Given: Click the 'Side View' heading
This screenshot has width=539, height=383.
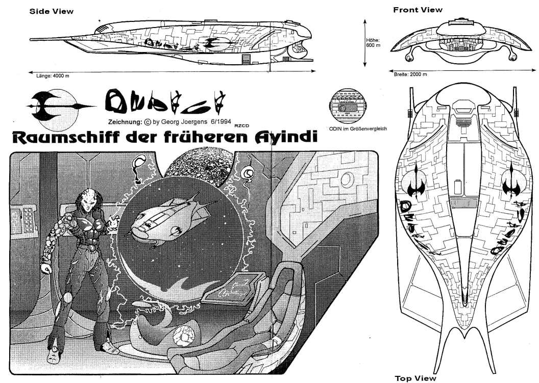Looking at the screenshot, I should coord(52,11).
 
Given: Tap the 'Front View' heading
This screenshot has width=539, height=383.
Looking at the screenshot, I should coord(418,10).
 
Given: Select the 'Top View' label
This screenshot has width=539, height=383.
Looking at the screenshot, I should coord(415,378).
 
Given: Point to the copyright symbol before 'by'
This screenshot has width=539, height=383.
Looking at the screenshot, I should coord(148,122).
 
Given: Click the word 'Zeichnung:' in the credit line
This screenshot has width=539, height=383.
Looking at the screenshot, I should coord(125,122).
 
